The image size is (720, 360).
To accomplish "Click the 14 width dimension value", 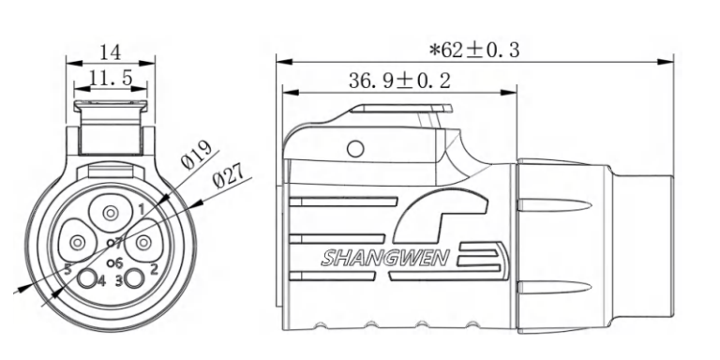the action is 111,52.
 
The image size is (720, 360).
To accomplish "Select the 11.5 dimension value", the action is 111,79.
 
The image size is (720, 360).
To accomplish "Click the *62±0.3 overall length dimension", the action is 474,50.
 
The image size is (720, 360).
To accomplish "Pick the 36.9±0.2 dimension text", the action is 399,81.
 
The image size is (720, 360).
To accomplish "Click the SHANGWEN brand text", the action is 384,258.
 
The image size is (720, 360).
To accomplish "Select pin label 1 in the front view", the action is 142,209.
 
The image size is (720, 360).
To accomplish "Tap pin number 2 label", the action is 155,269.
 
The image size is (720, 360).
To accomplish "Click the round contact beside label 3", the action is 134,278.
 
